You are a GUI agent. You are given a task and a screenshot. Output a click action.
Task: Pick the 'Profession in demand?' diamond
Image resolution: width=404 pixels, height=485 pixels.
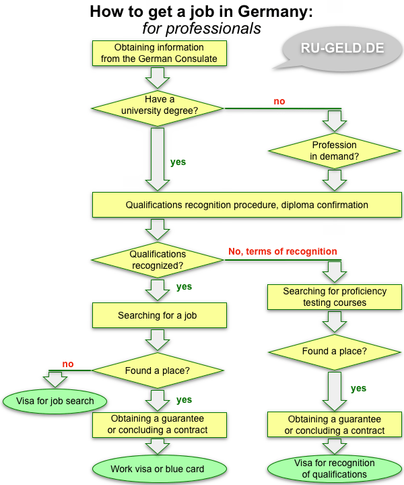pyautogui.click(x=335, y=150)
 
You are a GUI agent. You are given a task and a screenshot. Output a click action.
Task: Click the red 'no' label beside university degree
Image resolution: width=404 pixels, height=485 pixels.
pyautogui.click(x=279, y=101)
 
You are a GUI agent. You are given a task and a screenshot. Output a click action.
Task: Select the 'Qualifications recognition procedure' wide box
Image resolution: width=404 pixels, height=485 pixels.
pyautogui.click(x=247, y=205)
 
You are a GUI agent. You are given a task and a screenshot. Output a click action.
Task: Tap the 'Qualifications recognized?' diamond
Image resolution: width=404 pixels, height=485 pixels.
pyautogui.click(x=157, y=259)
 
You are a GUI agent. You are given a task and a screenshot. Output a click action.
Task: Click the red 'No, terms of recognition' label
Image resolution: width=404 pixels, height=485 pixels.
pyautogui.click(x=283, y=251)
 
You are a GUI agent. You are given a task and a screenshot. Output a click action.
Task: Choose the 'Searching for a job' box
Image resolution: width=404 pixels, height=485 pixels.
pyautogui.click(x=157, y=315)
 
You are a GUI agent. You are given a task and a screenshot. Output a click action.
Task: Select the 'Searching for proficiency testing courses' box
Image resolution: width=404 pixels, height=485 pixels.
pyautogui.click(x=335, y=297)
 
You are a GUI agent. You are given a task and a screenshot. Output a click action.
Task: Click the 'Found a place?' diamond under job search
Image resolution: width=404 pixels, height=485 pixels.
pyautogui.click(x=157, y=370)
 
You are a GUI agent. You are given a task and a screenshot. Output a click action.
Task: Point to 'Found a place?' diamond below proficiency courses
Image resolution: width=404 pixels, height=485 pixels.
pyautogui.click(x=335, y=351)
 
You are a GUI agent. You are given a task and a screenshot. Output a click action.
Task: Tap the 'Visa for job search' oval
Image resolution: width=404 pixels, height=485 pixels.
pyautogui.click(x=57, y=401)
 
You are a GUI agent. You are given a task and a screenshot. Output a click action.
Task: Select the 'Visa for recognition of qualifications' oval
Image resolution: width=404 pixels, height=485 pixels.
pyautogui.click(x=335, y=469)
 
